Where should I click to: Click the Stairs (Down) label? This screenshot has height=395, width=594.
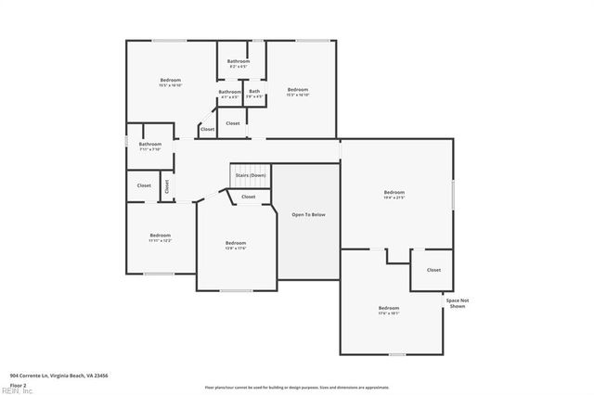(250, 175)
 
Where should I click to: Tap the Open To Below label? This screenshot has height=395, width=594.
(309, 214)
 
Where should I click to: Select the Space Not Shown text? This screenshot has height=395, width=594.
(458, 303)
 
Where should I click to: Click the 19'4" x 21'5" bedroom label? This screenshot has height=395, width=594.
(394, 195)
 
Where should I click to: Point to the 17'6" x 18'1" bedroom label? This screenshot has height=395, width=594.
(388, 310)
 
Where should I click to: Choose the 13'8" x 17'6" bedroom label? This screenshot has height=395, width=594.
(236, 245)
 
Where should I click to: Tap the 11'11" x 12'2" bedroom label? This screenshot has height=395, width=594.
(160, 237)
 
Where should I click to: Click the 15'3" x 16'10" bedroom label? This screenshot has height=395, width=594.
(297, 92)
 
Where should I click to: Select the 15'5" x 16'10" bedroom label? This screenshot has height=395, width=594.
(171, 82)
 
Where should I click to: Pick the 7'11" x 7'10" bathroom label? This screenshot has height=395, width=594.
(150, 146)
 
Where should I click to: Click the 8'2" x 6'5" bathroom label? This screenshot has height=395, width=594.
(239, 63)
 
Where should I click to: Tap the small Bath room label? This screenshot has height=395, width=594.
(254, 93)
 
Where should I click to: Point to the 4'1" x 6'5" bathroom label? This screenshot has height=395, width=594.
(230, 93)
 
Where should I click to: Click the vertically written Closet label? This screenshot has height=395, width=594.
(167, 185)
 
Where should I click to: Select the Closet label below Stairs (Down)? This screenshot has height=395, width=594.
(249, 197)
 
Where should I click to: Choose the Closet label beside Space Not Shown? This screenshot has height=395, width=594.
(433, 270)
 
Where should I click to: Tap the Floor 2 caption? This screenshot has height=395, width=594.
(18, 384)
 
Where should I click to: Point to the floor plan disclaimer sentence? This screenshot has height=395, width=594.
(297, 386)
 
